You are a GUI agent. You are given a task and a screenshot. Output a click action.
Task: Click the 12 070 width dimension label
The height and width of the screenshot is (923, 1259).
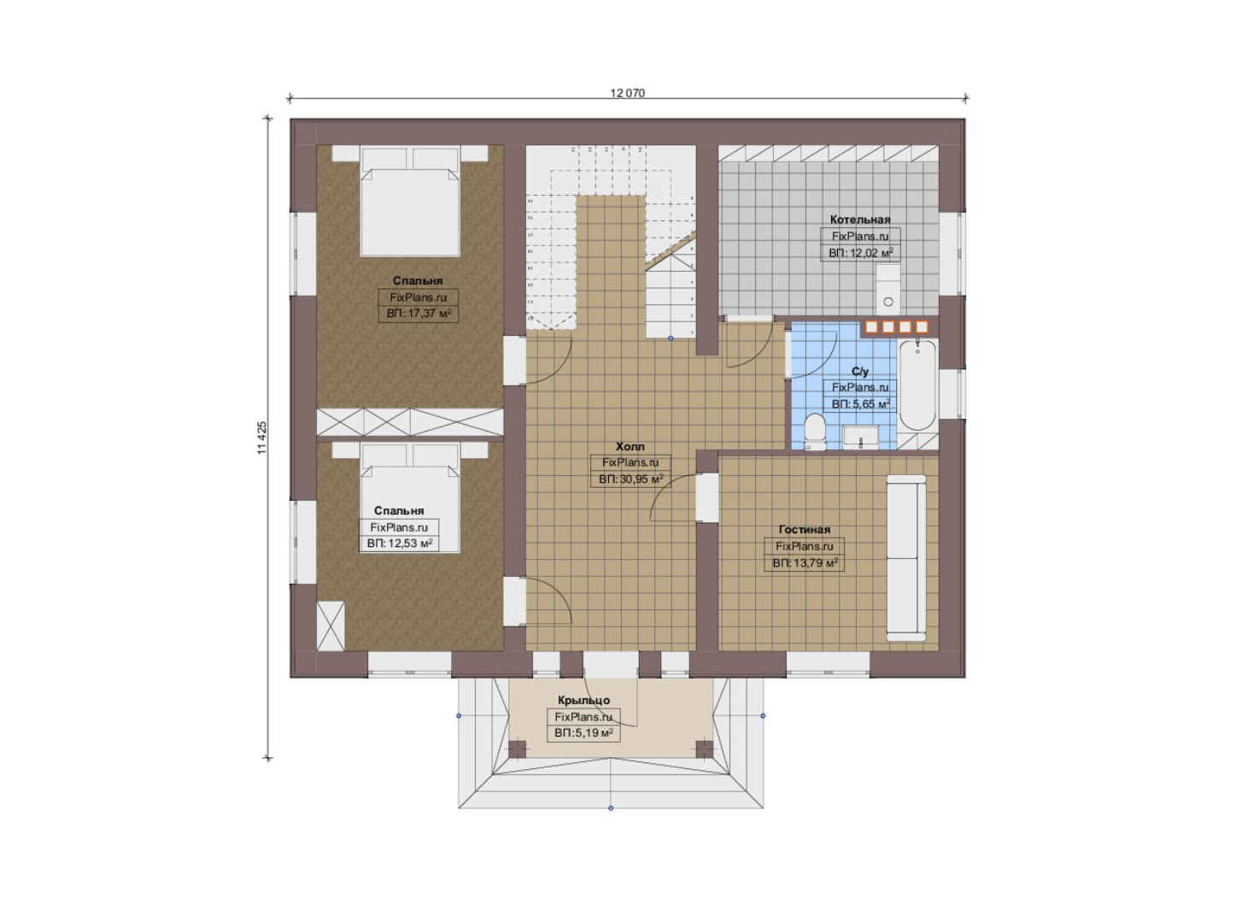tap(627, 93)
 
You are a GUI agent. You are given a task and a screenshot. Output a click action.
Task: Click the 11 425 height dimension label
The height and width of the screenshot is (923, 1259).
tap(262, 438)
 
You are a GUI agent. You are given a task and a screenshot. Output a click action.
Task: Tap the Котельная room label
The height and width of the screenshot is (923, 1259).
tap(860, 220)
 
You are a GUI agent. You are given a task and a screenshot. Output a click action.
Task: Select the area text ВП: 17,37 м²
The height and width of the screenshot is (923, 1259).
tap(419, 314)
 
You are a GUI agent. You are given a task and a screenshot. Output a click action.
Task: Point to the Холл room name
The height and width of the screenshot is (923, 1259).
tap(630, 447)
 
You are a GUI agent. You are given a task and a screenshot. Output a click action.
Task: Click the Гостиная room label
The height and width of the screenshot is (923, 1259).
tap(805, 529)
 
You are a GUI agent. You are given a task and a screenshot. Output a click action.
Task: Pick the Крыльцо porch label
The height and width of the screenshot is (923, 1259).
tap(583, 700)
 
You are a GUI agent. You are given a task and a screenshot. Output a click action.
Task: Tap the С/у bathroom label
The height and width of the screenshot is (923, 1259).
tap(860, 372)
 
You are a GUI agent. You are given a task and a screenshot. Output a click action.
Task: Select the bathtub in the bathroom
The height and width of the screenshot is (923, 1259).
tap(918, 385)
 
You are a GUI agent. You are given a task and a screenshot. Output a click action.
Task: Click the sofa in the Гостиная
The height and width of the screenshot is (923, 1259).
tap(906, 558)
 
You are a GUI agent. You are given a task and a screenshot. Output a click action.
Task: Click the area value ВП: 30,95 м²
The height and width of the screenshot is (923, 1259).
tap(630, 479)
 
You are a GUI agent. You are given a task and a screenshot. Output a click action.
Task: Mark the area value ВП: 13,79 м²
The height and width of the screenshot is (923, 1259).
tap(805, 563)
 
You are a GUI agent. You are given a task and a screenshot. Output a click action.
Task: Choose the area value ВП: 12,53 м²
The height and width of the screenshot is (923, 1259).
tap(399, 544)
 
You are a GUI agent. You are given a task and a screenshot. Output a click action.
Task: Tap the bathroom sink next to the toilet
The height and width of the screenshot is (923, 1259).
tap(860, 438)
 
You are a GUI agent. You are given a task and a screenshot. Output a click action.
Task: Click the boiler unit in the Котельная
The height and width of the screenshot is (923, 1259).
tap(887, 289)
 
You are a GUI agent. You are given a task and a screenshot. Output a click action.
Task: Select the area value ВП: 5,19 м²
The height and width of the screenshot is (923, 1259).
tap(583, 733)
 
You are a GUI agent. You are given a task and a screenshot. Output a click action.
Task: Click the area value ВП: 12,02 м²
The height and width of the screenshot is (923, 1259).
tap(860, 253)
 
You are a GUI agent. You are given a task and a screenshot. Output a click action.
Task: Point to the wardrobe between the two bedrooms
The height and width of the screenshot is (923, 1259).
tap(410, 422)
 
